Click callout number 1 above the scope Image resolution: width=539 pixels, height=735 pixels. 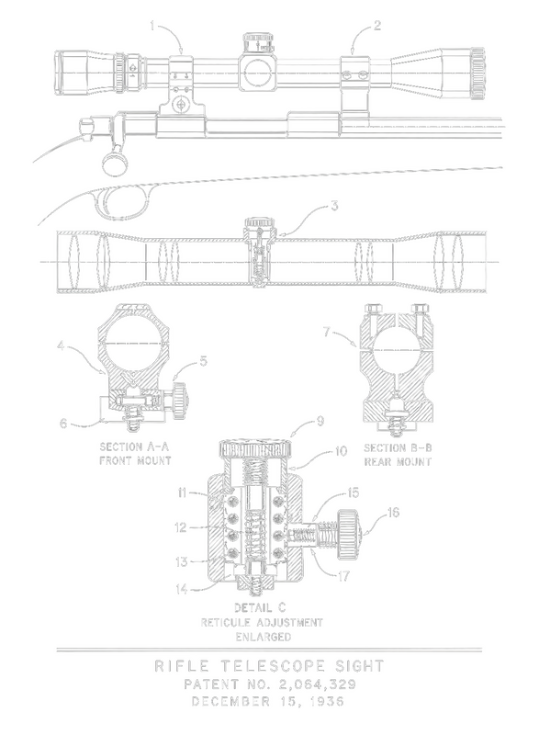tap(152, 26)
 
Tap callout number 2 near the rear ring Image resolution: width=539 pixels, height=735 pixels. tap(377, 26)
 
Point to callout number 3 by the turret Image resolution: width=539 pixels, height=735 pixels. tap(334, 206)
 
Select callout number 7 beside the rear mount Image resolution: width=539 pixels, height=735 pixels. tap(326, 332)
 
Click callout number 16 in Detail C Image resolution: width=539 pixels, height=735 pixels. tap(394, 513)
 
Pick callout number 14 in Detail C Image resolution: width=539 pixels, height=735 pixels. tap(182, 589)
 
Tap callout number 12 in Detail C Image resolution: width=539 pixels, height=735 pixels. tap(181, 527)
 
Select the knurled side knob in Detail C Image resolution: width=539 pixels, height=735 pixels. tap(348, 535)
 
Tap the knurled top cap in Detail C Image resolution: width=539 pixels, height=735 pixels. tap(255, 448)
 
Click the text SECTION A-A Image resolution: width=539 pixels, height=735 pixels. tap(134, 447)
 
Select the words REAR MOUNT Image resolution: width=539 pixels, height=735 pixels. tap(398, 462)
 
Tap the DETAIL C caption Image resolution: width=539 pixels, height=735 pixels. tap(260, 608)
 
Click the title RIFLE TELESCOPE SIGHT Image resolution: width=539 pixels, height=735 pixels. tap(269, 666)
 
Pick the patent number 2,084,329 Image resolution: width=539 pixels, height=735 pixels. tap(317, 684)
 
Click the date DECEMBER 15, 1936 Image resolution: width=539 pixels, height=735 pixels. tap(268, 701)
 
